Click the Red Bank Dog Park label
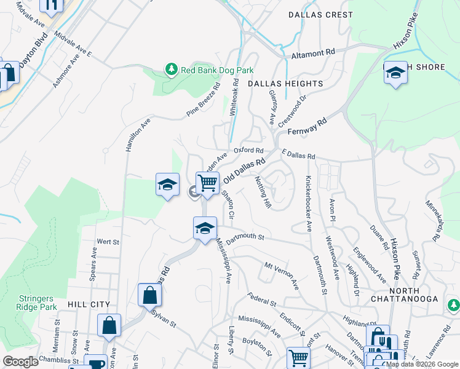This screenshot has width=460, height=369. coord(217,70)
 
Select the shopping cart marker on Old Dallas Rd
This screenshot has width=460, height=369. coord(207,183)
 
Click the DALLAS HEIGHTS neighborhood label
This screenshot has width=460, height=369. coord(285,84)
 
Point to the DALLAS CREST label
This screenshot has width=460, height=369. coord(320,14)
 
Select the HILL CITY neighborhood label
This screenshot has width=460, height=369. coord(89,304)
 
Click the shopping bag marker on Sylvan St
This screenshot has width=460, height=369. coord(149,295)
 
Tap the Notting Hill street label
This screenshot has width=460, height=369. coord(263,192)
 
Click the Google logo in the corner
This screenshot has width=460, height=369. coord(21,362)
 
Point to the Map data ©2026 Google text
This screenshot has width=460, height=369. coord(421,364)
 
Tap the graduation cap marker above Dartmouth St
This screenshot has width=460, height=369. coord(205,228)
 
